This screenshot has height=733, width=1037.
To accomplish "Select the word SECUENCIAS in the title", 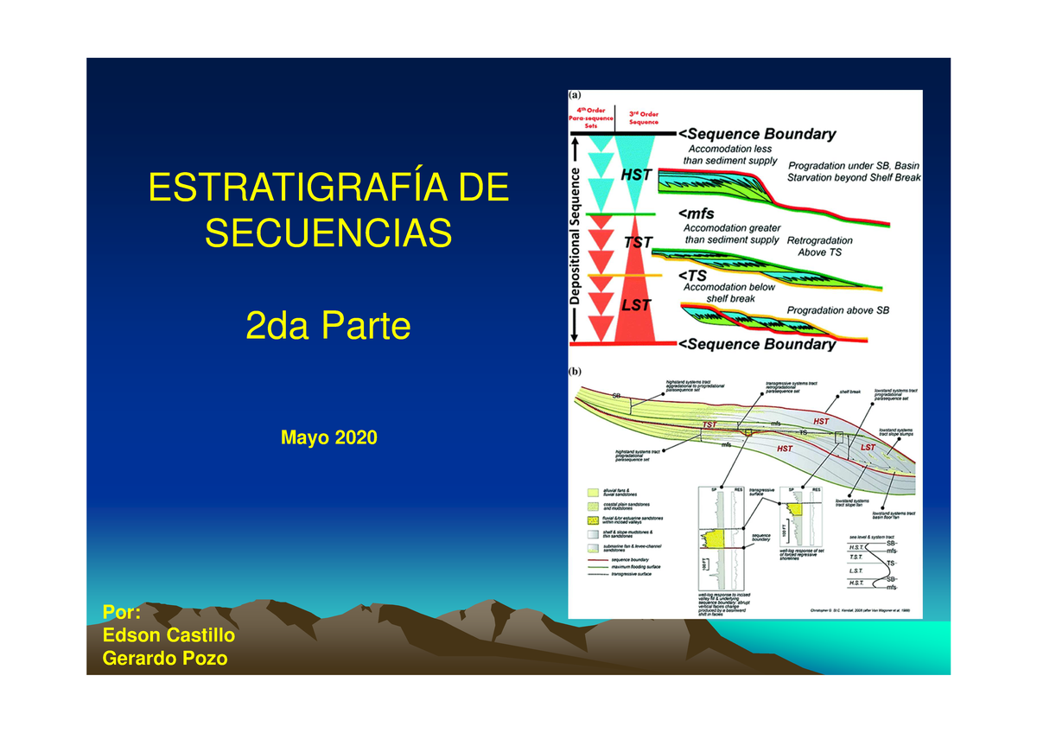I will (328, 232).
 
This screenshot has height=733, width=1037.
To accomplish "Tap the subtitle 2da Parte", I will (328, 327).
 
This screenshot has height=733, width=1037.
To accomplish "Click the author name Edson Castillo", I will (169, 636).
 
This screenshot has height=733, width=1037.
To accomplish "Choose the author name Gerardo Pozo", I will (164, 659).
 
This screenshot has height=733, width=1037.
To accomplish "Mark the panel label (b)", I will (574, 373).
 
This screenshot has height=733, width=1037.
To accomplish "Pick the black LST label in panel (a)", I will (637, 304).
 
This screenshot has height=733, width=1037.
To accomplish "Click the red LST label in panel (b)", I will (868, 448).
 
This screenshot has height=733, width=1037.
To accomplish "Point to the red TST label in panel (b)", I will (710, 425).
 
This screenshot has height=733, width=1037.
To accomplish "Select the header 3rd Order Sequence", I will (644, 117).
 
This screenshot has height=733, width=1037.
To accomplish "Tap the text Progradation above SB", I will (837, 309).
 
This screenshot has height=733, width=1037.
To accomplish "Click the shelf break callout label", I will (849, 391).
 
